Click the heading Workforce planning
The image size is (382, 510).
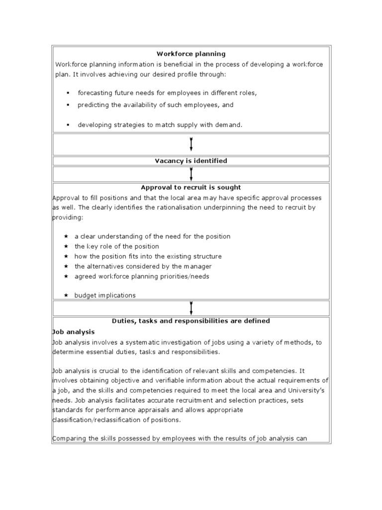[191, 54]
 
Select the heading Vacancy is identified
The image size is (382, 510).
[191, 161]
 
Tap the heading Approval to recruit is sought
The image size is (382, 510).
[191, 188]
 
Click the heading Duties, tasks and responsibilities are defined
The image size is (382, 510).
[191, 321]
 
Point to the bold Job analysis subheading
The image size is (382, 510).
[74, 331]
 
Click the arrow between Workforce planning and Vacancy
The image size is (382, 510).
[191, 144]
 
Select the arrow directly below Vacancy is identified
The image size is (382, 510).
[191, 174]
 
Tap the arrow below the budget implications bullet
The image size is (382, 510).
[191, 308]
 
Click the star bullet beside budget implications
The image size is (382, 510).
[66, 295]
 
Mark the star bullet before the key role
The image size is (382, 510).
[66, 247]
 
